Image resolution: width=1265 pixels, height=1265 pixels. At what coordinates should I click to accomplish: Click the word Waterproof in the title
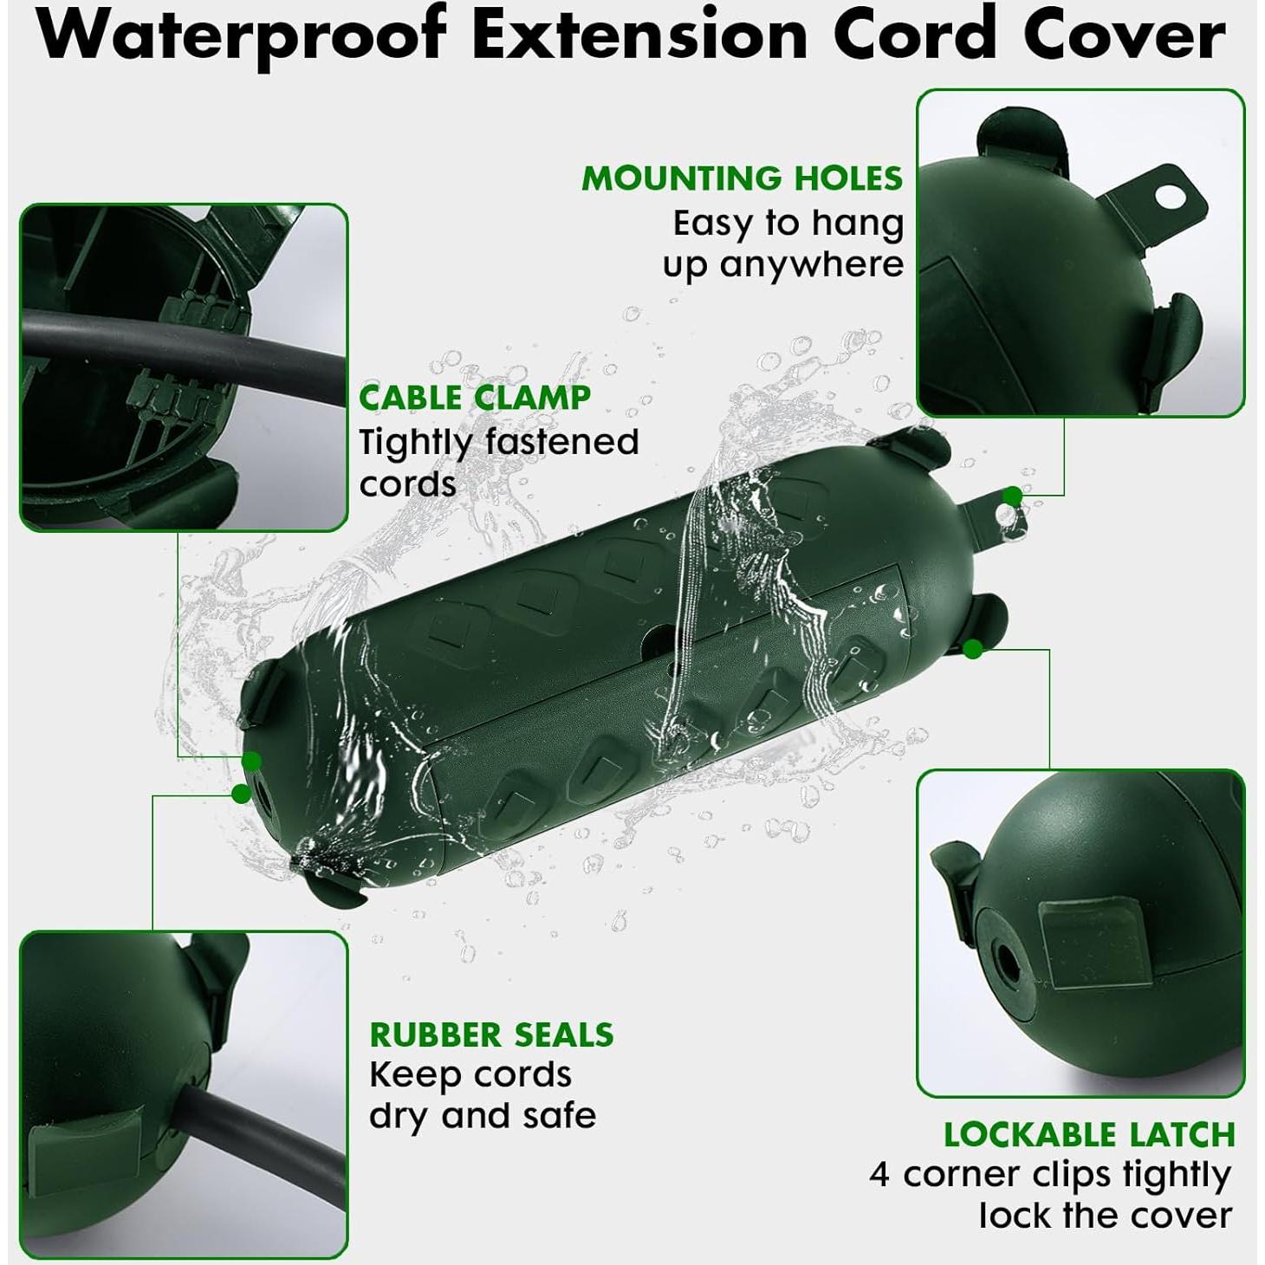coord(242,36)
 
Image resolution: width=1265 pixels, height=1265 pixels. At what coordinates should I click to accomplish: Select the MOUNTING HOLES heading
coord(742,178)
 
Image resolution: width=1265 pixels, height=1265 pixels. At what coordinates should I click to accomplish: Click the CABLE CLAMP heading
coord(475,398)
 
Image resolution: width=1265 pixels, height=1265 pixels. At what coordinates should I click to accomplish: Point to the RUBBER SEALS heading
coord(491,1035)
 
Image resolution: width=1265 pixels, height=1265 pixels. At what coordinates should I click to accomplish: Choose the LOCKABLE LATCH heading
coord(1089,1134)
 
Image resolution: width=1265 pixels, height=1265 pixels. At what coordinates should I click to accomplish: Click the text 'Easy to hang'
coord(788,224)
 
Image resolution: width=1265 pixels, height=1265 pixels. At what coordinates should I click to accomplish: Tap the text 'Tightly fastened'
coord(499,442)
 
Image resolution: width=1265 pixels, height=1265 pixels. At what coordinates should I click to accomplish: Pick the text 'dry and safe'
coord(483,1116)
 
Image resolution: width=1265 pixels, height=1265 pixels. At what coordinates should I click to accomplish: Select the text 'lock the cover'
coord(1105,1216)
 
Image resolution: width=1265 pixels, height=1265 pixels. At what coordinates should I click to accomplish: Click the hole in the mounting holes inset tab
coord(1171,196)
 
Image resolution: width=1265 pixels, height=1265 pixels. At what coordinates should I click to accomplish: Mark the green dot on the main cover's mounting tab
coord(1012,496)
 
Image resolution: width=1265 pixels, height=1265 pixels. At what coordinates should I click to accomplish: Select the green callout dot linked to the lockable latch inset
coord(973,648)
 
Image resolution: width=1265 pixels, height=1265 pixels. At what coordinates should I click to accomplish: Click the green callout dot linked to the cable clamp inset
coord(251,762)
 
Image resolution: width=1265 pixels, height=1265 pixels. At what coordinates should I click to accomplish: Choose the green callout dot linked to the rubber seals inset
coord(241,793)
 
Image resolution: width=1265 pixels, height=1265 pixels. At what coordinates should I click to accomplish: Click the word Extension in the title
coord(639,36)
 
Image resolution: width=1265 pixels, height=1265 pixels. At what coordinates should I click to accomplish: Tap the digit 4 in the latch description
coord(879,1176)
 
